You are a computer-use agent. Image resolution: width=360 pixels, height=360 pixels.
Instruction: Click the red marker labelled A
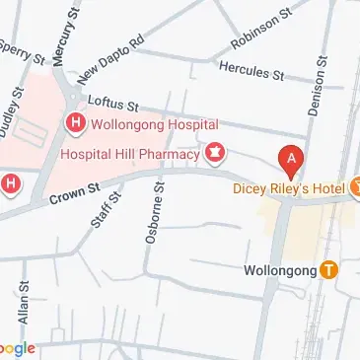click(291, 158)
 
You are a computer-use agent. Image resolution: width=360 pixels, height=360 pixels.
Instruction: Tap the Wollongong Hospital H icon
click(74, 123)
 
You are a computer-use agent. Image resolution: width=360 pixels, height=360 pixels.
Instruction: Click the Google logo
click(17, 348)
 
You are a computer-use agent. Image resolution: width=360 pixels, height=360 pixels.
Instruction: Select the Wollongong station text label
click(279, 269)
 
